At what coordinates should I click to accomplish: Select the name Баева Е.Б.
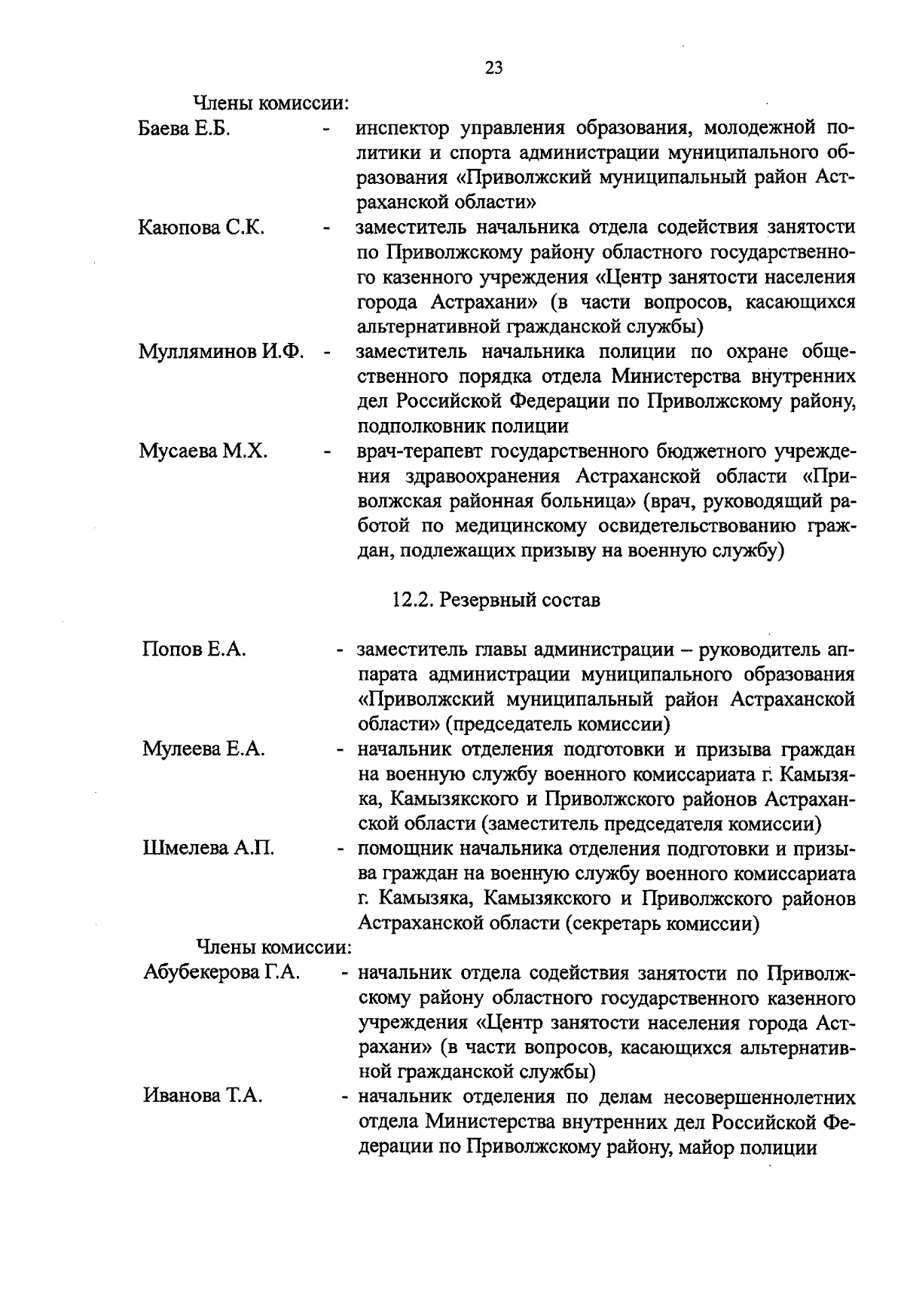click(184, 129)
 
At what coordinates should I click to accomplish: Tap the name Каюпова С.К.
click(201, 228)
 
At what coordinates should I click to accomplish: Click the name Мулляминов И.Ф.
click(221, 352)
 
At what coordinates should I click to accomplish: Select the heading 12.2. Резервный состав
click(496, 601)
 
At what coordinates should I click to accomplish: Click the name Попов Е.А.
click(194, 650)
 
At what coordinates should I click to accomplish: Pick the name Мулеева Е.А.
click(203, 749)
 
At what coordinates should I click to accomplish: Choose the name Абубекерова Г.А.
click(221, 972)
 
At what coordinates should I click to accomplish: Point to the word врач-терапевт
click(420, 451)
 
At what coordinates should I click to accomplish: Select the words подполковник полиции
click(463, 427)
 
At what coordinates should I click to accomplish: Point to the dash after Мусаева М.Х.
click(327, 452)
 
